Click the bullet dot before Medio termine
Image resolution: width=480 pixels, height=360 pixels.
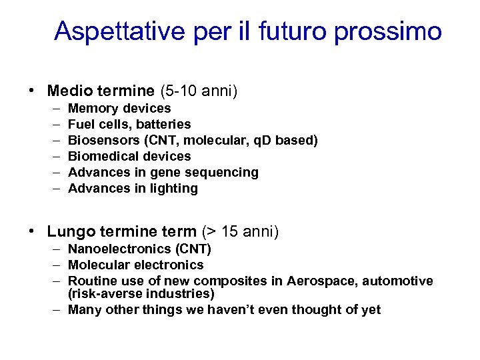(31, 90)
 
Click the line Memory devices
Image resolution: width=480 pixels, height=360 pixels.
(119, 108)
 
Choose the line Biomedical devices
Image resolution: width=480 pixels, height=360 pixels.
(129, 156)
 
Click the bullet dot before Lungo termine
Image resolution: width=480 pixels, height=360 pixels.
(31, 231)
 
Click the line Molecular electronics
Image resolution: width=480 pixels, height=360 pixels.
(136, 265)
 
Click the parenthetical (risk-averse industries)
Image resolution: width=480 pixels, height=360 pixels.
(141, 293)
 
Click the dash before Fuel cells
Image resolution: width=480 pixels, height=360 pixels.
(53, 124)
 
